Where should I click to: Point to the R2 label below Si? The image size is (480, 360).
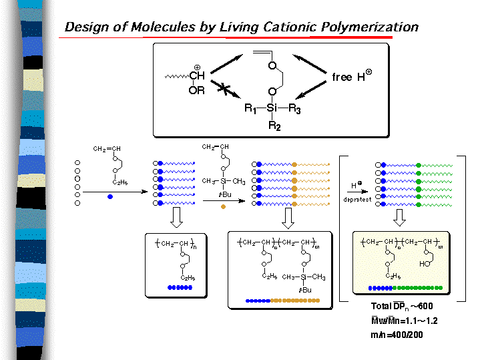[272, 125]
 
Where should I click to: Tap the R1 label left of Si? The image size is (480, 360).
[250, 109]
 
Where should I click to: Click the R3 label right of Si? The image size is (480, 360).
[294, 109]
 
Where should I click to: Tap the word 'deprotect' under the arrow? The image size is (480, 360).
[356, 199]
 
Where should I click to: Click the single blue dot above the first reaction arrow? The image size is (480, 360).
[109, 197]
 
